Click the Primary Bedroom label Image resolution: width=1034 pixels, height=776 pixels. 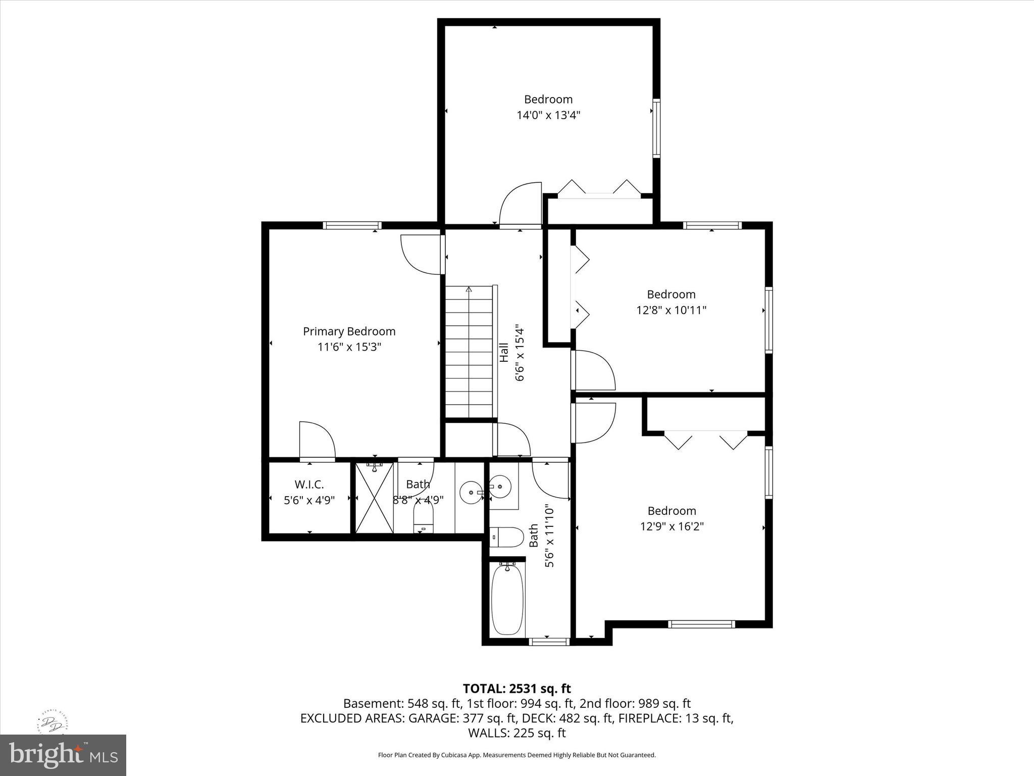click(349, 331)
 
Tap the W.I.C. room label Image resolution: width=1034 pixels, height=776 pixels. click(309, 484)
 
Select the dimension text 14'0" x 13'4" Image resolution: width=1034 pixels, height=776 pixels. click(548, 115)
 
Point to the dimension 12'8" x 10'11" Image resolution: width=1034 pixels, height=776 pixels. click(671, 310)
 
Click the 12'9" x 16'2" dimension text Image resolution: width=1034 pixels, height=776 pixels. click(671, 526)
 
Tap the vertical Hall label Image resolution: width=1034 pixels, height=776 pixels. click(504, 352)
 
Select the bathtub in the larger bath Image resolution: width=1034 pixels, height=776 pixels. click(507, 599)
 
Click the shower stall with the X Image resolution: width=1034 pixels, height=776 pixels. click(374, 498)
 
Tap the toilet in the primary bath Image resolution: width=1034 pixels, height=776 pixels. click(423, 519)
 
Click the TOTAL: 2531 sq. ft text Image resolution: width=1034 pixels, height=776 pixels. click(516, 689)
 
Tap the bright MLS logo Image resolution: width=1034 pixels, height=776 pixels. click(63, 755)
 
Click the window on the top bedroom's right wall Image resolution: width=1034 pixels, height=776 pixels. click(656, 128)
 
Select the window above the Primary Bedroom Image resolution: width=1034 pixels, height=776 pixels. click(352, 225)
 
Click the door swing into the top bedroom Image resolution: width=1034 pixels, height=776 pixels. click(520, 205)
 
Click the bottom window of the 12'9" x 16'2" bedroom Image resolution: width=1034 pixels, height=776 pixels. click(701, 624)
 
